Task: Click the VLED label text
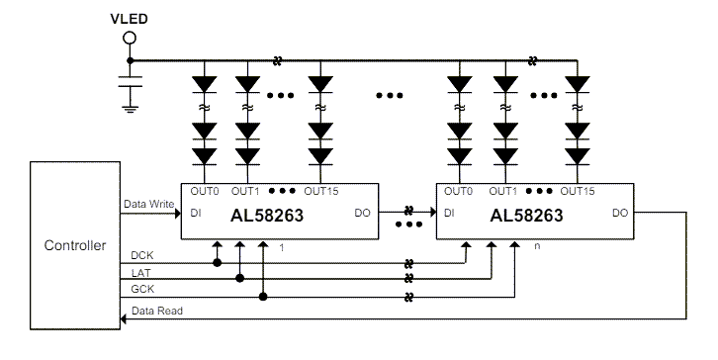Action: coord(128,18)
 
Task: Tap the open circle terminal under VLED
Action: coord(128,39)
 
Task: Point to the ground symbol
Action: coord(128,104)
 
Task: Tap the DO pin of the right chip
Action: coord(620,212)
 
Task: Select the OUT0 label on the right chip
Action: coord(459,191)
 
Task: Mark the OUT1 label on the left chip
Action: coord(245,191)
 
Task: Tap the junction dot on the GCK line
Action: coord(263,296)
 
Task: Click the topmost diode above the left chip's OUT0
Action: coord(204,82)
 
